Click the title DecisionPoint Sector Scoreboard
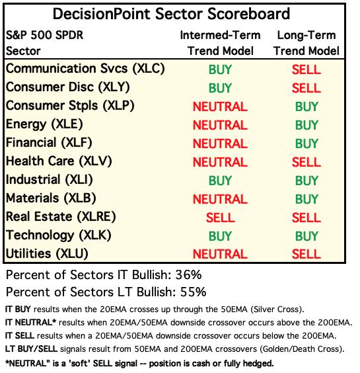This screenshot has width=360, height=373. click(x=171, y=14)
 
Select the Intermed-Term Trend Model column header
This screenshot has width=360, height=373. click(x=220, y=43)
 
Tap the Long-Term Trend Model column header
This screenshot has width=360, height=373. click(x=306, y=43)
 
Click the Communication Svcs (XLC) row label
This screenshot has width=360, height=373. click(x=85, y=69)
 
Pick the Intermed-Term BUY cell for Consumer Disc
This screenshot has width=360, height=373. click(x=220, y=88)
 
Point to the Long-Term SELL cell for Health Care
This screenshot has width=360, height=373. click(x=306, y=162)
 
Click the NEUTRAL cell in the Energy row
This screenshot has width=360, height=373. click(x=220, y=125)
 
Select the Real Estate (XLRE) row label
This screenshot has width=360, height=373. click(x=61, y=217)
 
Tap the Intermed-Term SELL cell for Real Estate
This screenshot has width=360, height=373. click(x=220, y=218)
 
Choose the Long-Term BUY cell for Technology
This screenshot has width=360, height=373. click(x=306, y=236)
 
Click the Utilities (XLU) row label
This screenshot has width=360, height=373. click(x=47, y=254)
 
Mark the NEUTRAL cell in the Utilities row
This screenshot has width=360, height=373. click(x=220, y=255)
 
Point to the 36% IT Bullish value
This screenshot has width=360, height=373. click(x=188, y=275)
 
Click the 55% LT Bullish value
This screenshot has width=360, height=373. click(x=193, y=292)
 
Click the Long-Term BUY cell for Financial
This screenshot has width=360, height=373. click(x=306, y=144)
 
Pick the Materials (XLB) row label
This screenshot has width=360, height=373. click(x=51, y=198)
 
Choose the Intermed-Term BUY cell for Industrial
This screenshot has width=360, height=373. click(x=220, y=181)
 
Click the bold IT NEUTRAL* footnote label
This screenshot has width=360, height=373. click(x=30, y=323)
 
